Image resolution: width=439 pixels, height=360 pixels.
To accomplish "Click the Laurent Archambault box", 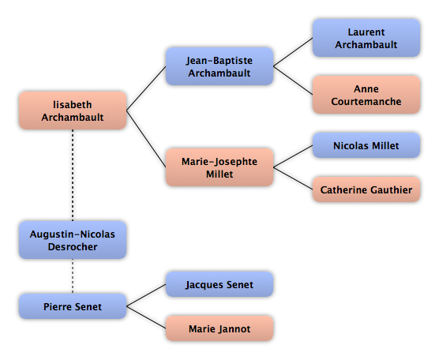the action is tap(366, 38).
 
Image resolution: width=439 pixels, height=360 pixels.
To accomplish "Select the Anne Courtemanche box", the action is tap(366, 95).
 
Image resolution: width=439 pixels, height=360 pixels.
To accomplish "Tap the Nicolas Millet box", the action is tap(366, 145).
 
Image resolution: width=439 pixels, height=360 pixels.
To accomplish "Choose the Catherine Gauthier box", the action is tap(366, 189).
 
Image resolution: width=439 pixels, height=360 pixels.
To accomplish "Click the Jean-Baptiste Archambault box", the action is tap(219, 66).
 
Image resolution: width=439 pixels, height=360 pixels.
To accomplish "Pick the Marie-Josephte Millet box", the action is tap(219, 167).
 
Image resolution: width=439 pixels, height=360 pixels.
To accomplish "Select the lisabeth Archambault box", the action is tap(73, 111).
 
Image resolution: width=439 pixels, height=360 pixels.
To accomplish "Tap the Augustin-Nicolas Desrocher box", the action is tap(73, 240).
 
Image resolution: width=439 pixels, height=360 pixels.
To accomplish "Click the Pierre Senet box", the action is tap(73, 306).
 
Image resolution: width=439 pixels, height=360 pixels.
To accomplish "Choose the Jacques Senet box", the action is tap(219, 284).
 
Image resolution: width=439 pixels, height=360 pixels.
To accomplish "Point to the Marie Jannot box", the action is tap(219, 328).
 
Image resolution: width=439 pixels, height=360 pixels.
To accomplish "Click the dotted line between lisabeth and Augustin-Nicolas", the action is tap(73, 175).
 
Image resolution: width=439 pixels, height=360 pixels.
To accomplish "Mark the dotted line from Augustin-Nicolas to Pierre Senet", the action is tap(73, 276).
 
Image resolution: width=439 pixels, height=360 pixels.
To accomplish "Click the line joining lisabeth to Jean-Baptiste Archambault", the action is tap(146, 88).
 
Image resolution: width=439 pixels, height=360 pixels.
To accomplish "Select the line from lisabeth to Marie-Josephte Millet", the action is tap(146, 139).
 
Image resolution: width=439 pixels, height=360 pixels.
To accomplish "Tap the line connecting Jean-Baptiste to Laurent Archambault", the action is tap(293, 52).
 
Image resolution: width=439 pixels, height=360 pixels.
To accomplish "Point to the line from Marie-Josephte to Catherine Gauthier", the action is tap(293, 178).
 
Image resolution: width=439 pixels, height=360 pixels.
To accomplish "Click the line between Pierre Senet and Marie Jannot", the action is tap(146, 317).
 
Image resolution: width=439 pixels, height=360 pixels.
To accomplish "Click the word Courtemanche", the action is tap(366, 101).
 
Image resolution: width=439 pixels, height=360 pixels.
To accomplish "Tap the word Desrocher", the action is tap(73, 246).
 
